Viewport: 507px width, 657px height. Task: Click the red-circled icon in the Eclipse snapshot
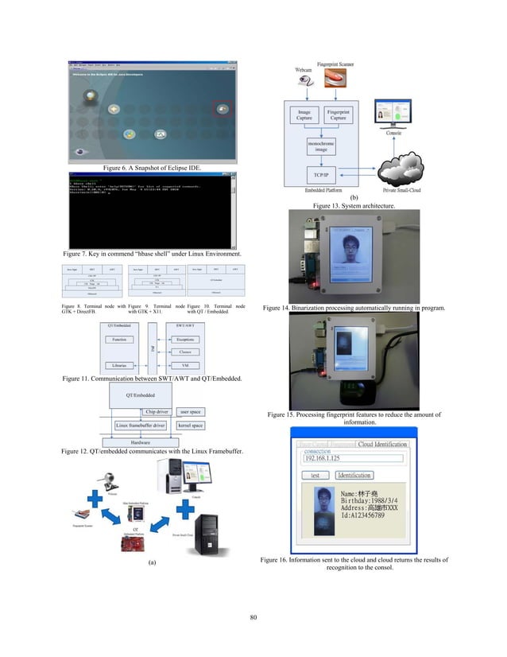pos(223,108)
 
